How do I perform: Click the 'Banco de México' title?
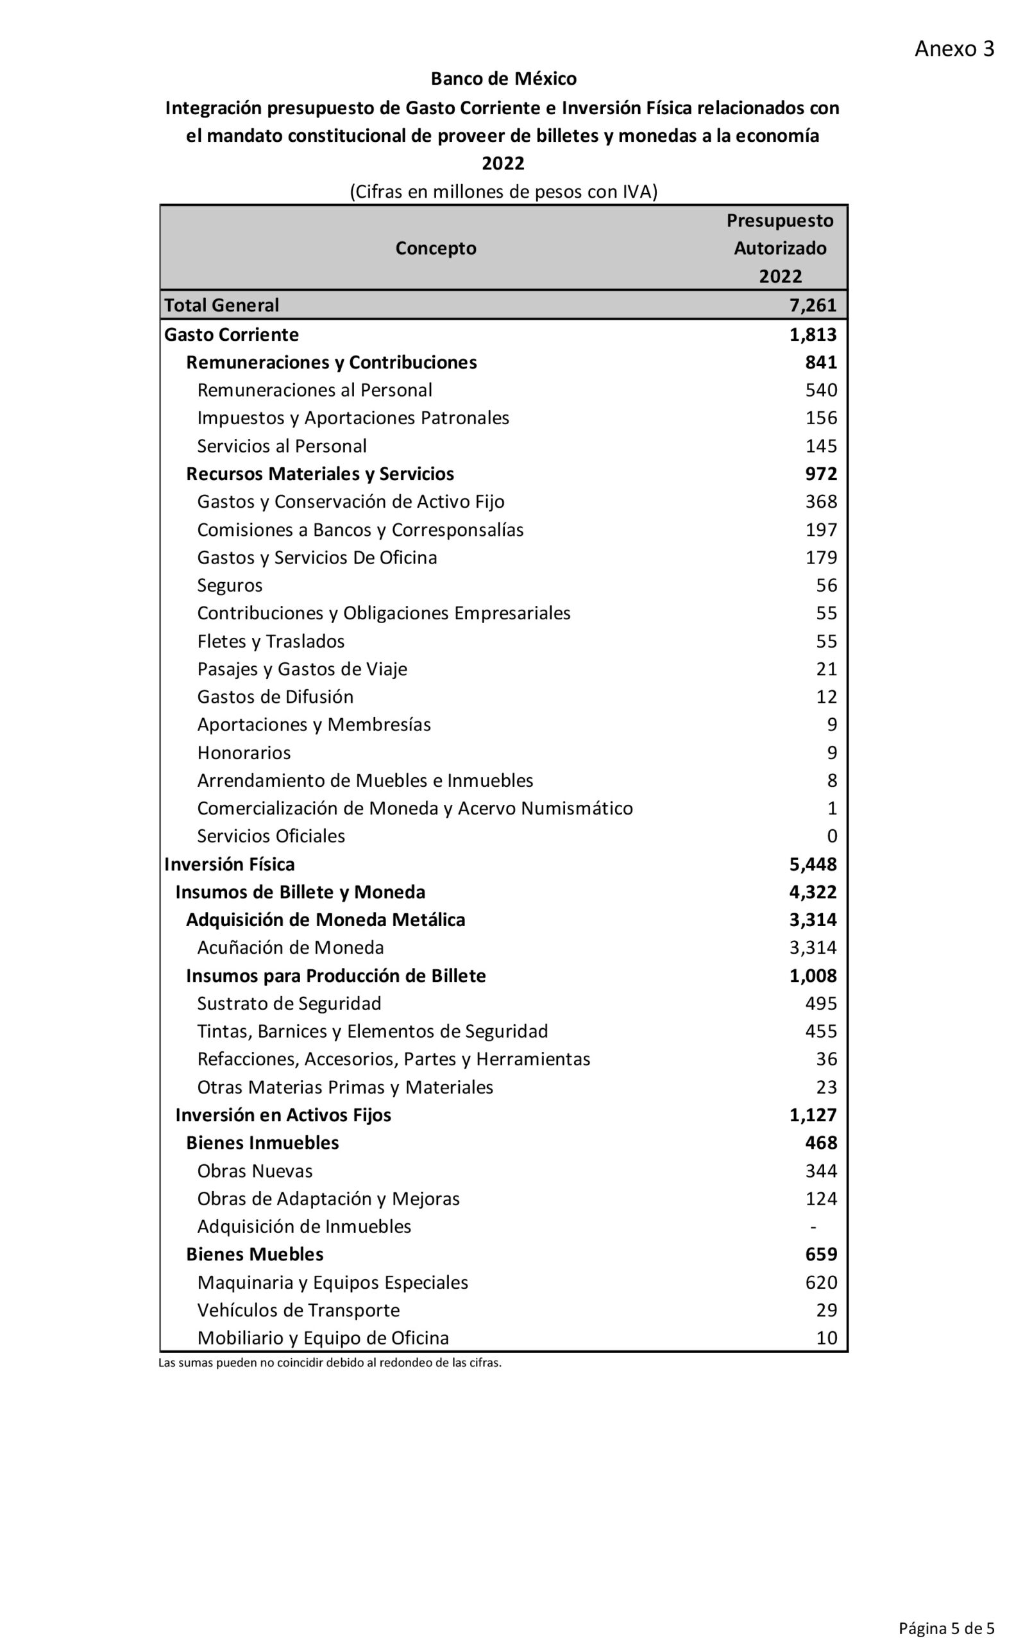coord(503,79)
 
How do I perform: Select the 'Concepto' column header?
coord(435,248)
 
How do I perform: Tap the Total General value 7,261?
coord(813,305)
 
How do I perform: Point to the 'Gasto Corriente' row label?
coord(232,334)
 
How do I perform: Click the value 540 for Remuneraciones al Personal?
coord(820,390)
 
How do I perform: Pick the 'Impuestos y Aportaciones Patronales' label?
coord(353,418)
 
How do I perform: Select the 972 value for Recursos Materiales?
coord(820,474)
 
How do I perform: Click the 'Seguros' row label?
coord(230,585)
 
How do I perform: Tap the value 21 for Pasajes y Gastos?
coord(826,669)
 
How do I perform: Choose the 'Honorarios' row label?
coord(244,753)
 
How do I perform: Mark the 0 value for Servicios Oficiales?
coord(831,836)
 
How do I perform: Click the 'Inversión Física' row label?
coord(229,865)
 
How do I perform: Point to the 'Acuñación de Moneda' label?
coord(291,948)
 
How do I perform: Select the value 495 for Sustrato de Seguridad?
coord(820,1004)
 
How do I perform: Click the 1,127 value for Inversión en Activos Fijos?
coord(813,1115)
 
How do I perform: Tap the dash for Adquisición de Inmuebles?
coord(813,1226)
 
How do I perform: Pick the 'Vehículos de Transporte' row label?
coord(298,1310)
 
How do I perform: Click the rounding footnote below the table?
coord(330,1363)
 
